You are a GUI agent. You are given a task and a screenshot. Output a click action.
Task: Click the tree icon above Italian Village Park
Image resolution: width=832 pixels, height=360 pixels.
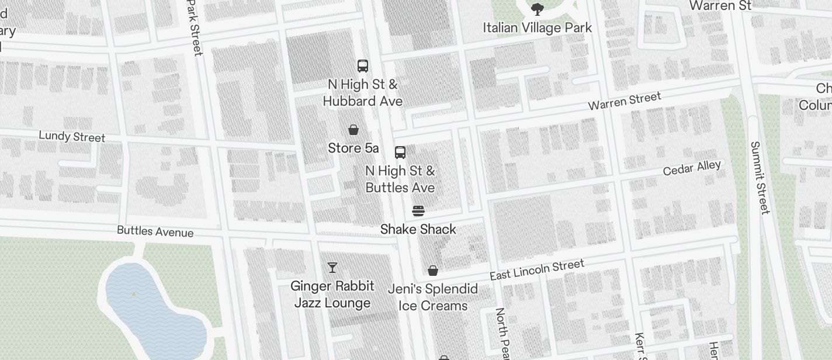pyautogui.click(x=538, y=9)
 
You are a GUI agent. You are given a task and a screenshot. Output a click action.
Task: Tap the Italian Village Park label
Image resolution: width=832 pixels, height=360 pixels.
pyautogui.click(x=538, y=27)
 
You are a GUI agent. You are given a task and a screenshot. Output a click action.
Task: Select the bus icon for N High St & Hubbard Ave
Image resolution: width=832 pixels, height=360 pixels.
pyautogui.click(x=363, y=65)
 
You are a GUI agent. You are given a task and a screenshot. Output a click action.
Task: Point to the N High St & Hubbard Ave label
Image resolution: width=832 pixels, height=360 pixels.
pyautogui.click(x=363, y=93)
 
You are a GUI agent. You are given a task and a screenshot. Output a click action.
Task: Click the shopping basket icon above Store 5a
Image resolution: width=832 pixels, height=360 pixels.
pyautogui.click(x=353, y=130)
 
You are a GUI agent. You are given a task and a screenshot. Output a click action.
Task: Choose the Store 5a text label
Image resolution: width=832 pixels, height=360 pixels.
pyautogui.click(x=353, y=148)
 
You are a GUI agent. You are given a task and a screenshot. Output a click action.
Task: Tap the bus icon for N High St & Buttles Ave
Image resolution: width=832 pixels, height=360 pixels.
pyautogui.click(x=400, y=153)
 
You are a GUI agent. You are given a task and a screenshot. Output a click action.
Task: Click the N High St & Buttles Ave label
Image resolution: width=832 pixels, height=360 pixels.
pyautogui.click(x=400, y=179)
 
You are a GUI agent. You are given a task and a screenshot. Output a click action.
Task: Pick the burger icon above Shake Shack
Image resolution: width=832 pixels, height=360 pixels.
pyautogui.click(x=418, y=210)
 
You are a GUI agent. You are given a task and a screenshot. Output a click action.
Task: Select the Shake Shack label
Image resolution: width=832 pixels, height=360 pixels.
pyautogui.click(x=418, y=229)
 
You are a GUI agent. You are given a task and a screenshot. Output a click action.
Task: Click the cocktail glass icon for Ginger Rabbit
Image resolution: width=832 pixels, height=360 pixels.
pyautogui.click(x=332, y=268)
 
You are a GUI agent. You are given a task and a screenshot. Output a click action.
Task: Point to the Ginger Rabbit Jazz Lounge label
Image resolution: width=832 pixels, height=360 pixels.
pyautogui.click(x=332, y=295)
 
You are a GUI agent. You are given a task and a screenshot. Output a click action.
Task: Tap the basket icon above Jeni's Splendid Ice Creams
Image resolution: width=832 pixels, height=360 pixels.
pyautogui.click(x=433, y=271)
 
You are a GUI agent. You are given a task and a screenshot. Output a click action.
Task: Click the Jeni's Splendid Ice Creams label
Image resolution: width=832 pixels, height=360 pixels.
pyautogui.click(x=433, y=297)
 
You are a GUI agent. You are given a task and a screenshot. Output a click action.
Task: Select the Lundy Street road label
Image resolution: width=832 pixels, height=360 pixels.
pyautogui.click(x=72, y=136)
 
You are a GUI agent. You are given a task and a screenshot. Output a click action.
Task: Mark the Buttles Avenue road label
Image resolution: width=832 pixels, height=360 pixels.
pyautogui.click(x=155, y=231)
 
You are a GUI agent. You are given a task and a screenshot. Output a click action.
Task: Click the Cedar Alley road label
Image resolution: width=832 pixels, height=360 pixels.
pyautogui.click(x=692, y=168)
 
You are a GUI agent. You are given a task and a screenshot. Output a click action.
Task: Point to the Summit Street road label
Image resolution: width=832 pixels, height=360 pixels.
pyautogui.click(x=760, y=178)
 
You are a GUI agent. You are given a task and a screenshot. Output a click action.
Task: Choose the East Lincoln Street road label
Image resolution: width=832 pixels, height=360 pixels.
pyautogui.click(x=537, y=269)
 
